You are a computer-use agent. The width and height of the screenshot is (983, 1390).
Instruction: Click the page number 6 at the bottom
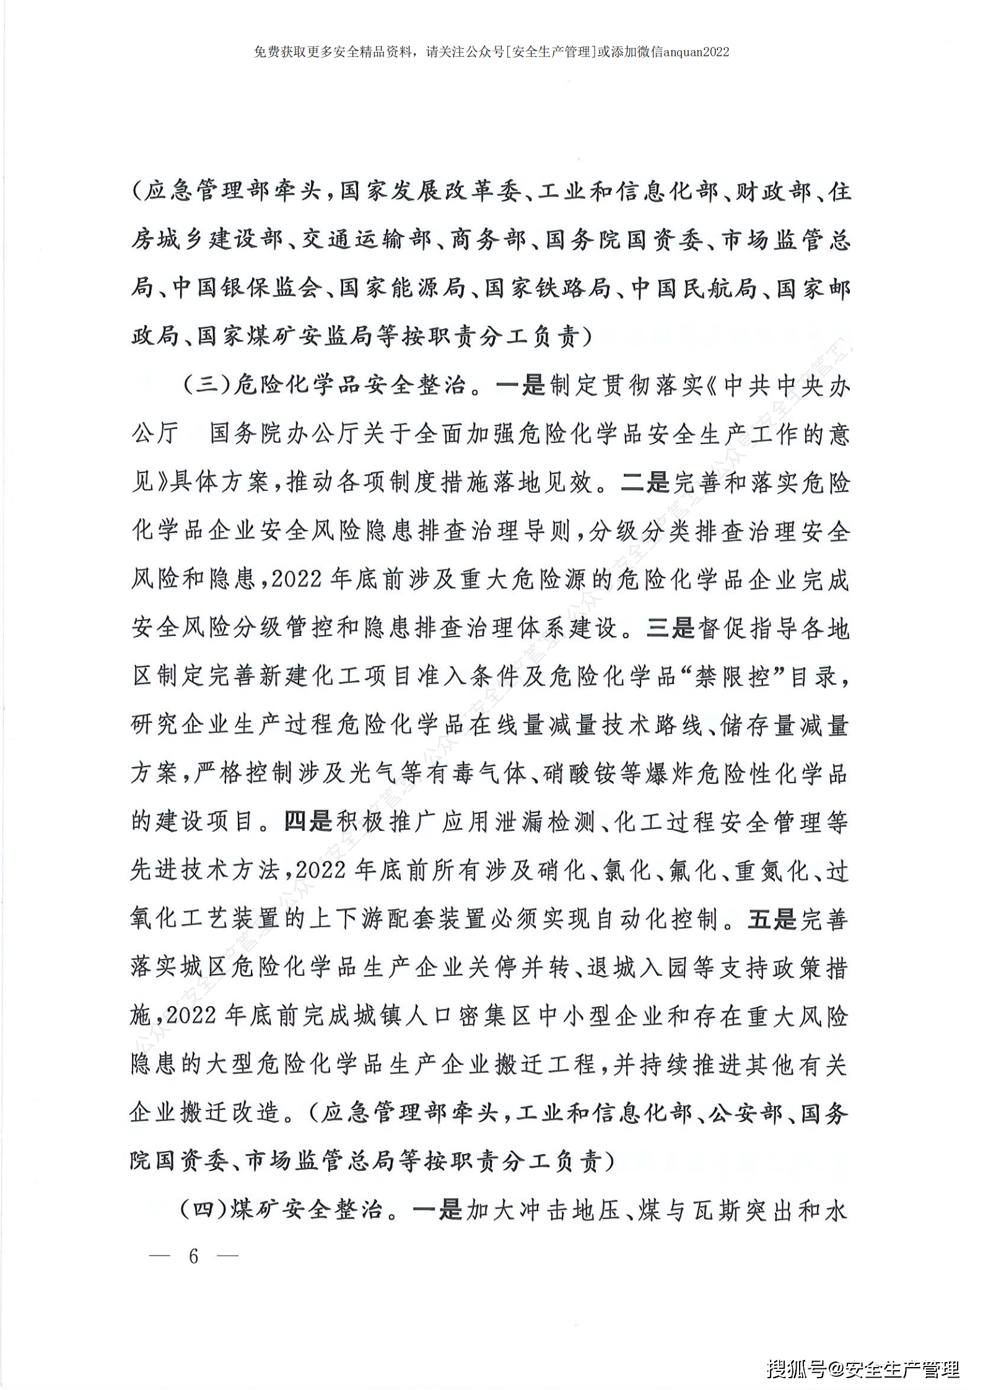point(193,1256)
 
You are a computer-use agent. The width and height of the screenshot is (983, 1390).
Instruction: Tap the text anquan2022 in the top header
point(696,52)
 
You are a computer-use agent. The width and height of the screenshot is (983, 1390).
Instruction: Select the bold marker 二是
point(645,482)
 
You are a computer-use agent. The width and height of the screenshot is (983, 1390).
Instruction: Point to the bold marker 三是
point(671,628)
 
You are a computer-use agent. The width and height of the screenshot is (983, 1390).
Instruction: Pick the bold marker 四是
point(308,822)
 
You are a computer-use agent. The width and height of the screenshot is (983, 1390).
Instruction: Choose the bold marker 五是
point(772,919)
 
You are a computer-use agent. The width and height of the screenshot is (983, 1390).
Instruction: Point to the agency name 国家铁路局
point(548,288)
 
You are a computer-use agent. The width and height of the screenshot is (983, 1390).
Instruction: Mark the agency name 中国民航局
point(694,288)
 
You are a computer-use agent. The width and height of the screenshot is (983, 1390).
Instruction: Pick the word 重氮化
point(772,871)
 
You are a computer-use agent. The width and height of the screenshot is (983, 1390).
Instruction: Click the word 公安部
point(746,1113)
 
